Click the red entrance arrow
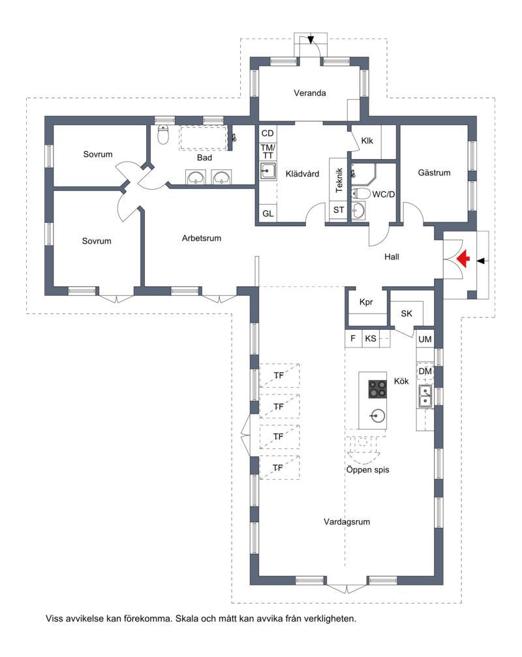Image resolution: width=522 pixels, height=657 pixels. click(x=463, y=259)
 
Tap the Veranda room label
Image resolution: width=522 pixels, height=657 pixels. click(x=310, y=93)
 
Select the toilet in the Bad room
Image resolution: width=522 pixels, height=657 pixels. click(x=163, y=134)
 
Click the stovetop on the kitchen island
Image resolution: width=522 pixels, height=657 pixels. click(x=377, y=389)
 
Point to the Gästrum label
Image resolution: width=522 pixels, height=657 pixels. click(x=434, y=173)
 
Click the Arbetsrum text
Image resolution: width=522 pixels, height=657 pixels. click(x=202, y=238)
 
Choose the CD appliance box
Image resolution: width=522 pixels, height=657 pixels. click(x=268, y=134)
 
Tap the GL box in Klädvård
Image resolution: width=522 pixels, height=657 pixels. click(x=268, y=214)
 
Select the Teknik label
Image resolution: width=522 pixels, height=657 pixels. click(x=339, y=180)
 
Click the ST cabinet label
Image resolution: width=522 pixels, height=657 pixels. click(x=339, y=210)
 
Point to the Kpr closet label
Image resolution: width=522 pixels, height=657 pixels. click(x=366, y=302)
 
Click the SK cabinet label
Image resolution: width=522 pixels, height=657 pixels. click(x=407, y=314)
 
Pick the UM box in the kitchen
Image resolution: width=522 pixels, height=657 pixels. click(x=425, y=340)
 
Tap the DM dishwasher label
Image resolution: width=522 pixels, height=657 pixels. click(x=425, y=372)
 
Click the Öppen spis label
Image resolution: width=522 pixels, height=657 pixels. click(x=367, y=470)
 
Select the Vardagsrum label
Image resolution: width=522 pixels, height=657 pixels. click(x=346, y=521)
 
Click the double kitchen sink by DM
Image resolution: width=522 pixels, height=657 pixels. click(x=425, y=396)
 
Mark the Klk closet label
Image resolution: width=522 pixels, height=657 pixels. click(x=367, y=141)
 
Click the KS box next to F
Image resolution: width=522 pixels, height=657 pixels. click(x=371, y=338)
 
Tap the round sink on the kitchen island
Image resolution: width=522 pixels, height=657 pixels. click(x=377, y=416)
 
